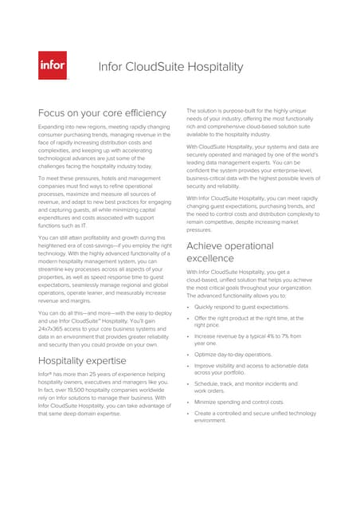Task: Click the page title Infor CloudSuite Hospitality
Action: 170,66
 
